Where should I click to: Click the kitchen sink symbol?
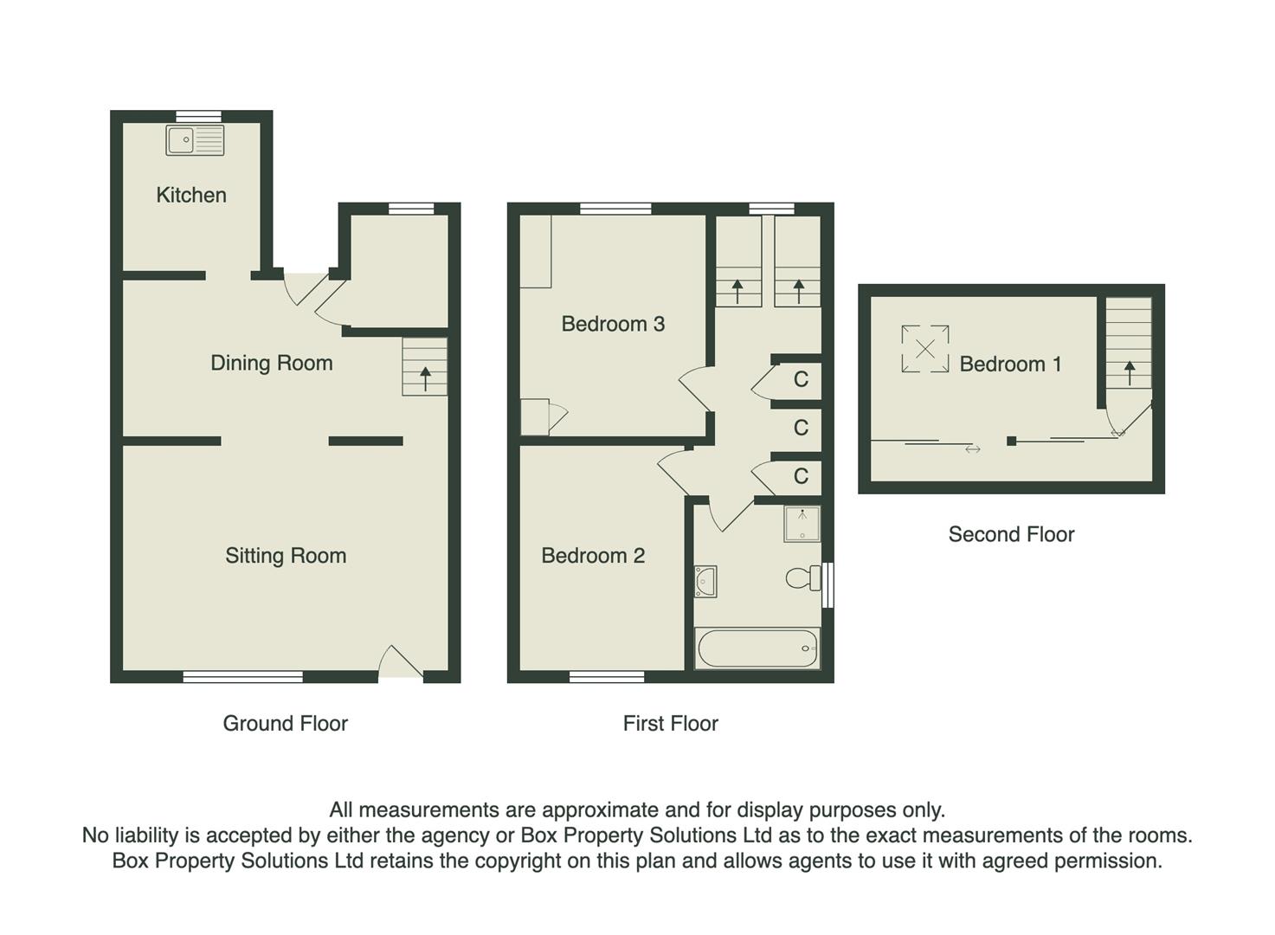coord(195,139)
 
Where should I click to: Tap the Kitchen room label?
coord(191,195)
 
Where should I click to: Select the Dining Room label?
coord(271,363)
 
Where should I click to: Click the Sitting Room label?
coord(286,556)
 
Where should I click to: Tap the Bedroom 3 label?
coord(613,324)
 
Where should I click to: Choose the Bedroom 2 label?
coord(593,556)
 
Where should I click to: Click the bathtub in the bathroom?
coord(757,648)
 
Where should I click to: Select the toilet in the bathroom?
coord(803,577)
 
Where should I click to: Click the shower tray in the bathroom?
coord(802,524)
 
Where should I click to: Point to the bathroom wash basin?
coord(706,581)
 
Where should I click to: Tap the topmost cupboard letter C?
coord(801,379)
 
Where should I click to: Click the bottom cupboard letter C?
coord(801,475)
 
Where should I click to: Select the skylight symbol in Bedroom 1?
coord(924,349)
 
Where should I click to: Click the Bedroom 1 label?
coord(1010,364)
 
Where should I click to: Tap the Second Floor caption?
coord(1011,534)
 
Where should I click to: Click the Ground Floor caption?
coord(285,723)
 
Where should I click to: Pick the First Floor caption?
coord(670,723)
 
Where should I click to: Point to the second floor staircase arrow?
coord(1130,372)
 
